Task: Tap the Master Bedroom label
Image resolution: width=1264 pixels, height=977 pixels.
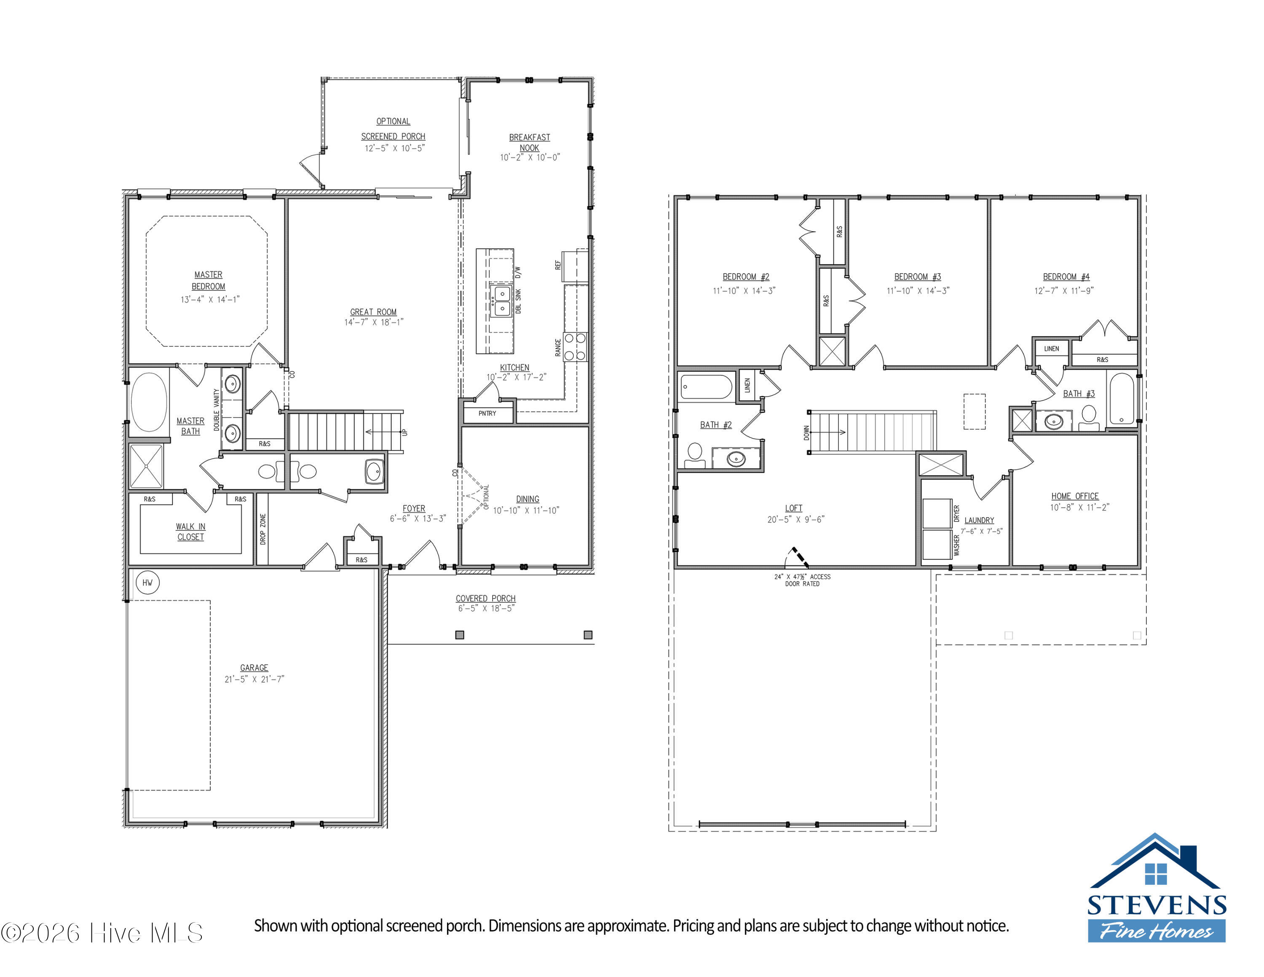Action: (209, 281)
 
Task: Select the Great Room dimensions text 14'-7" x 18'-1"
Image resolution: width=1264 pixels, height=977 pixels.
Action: (374, 322)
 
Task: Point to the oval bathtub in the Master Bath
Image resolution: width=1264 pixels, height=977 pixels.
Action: (149, 402)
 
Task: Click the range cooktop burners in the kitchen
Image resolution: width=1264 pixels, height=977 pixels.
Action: (575, 347)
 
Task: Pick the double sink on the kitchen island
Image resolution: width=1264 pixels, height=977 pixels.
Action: (501, 301)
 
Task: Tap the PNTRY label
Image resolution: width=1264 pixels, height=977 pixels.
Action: (487, 413)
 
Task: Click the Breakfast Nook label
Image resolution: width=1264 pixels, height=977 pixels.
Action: (530, 142)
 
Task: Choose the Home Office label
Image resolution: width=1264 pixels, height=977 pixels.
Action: (1075, 496)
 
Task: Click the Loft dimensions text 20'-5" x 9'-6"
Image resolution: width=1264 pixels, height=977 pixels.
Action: (796, 520)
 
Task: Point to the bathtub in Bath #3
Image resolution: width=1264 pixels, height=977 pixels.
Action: (1122, 400)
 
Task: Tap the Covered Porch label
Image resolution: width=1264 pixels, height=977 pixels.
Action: (485, 599)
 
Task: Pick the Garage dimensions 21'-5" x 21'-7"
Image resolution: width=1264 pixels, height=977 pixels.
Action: (254, 679)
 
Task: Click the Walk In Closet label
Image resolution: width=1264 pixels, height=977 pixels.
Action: (190, 532)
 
